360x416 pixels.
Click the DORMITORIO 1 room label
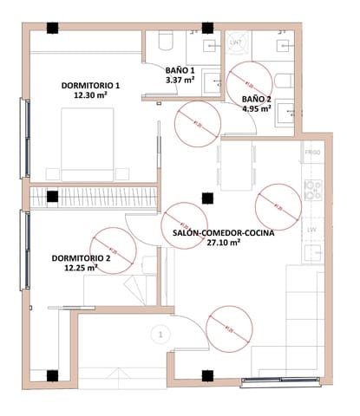[90, 85]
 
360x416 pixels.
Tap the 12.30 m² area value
[90, 96]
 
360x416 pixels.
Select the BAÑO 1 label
[180, 70]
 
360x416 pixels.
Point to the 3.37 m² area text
[180, 81]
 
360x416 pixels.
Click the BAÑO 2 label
[257, 99]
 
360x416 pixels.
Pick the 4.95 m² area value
[257, 110]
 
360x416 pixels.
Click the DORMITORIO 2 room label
[81, 258]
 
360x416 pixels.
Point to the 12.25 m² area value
[80, 269]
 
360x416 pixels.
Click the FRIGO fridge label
[313, 153]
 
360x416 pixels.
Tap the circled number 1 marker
[159, 332]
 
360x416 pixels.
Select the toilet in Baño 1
[167, 41]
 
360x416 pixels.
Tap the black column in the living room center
[206, 198]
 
